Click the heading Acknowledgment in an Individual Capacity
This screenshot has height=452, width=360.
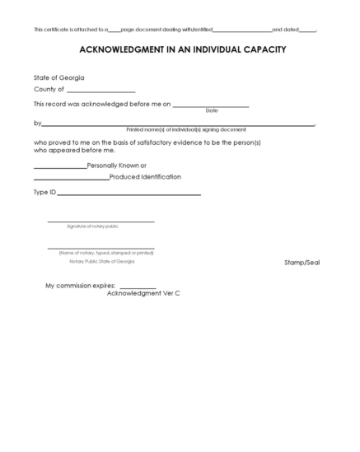pos(182,49)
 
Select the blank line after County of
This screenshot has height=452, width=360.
pos(101,91)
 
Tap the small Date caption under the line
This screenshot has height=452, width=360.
pos(212,110)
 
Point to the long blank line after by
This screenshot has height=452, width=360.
pos(177,125)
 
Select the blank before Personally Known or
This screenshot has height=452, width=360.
pos(59,167)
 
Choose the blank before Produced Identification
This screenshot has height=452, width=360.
pos(71,179)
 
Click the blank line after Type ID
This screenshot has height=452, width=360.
pos(129,194)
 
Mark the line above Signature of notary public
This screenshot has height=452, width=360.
pos(101,222)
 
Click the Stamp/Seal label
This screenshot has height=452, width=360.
pos(302,262)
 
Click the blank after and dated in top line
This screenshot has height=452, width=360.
pos(307,30)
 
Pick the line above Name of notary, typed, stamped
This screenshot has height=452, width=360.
pos(101,249)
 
